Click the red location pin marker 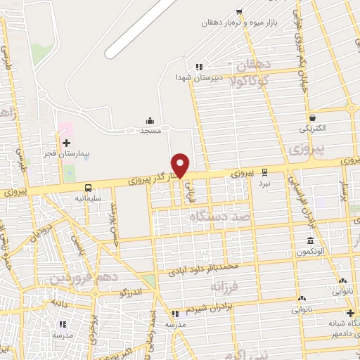[181, 165]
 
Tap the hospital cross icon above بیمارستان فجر [67, 142]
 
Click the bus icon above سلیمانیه [88, 188]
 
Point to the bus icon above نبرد [264, 172]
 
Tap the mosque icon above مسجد [150, 121]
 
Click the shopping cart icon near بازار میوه [239, 11]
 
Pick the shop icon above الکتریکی [312, 118]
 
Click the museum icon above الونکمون [310, 241]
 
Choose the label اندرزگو [132, 292]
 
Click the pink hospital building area [65, 129]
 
